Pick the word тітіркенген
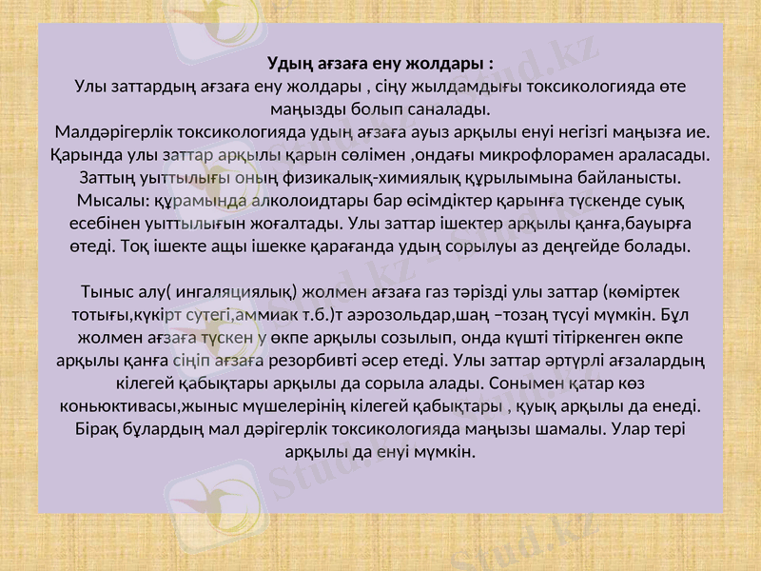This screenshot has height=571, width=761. pos(605,336)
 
